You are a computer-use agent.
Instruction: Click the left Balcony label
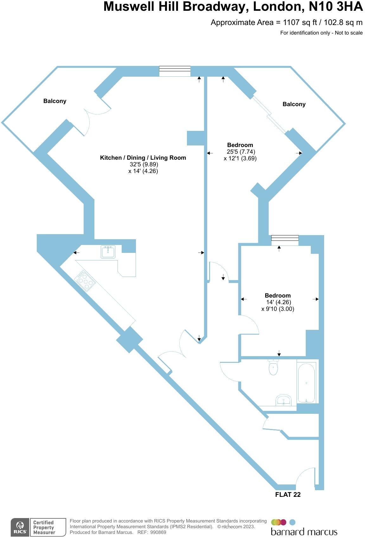55,101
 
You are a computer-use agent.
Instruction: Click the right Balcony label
294,104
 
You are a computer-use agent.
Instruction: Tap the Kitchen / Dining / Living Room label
143,158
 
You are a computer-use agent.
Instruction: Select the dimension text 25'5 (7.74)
241,152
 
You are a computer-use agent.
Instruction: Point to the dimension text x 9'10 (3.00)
278,309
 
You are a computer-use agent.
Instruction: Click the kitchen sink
108,252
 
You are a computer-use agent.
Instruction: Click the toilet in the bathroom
273,367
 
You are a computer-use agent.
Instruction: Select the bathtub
306,382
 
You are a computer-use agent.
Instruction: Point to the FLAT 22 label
288,495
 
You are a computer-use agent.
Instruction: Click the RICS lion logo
20,528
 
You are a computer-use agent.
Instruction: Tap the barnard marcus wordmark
304,532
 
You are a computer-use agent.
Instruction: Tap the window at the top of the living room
175,71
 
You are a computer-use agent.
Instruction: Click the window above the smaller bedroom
285,240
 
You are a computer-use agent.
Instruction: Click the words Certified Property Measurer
44,528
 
